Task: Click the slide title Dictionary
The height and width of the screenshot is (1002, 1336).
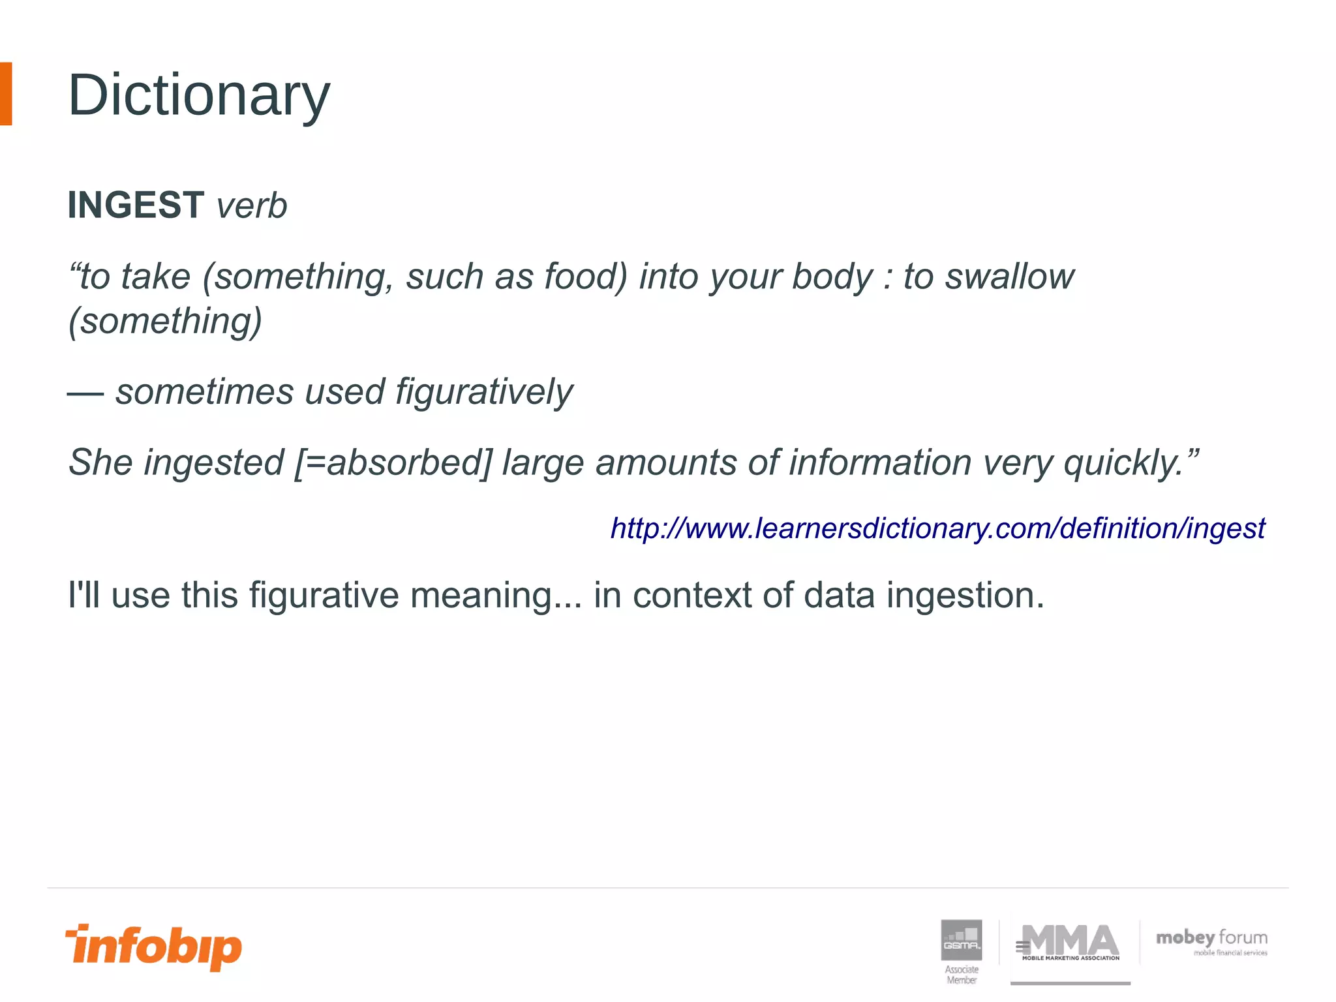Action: point(199,95)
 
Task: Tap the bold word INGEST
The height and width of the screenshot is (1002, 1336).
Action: point(136,205)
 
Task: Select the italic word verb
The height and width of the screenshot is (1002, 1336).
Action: point(252,206)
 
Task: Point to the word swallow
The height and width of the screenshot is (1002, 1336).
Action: point(1010,276)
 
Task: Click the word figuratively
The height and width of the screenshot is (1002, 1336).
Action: point(484,392)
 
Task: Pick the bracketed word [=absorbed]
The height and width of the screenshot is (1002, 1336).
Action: point(393,463)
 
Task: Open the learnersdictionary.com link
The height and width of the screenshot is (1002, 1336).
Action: point(937,528)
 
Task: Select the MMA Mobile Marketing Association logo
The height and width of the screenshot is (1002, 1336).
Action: point(1070,943)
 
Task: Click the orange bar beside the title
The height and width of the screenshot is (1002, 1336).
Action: point(6,94)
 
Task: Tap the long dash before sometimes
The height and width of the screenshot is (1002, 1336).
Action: point(85,393)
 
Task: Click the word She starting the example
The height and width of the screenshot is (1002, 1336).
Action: point(101,463)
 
